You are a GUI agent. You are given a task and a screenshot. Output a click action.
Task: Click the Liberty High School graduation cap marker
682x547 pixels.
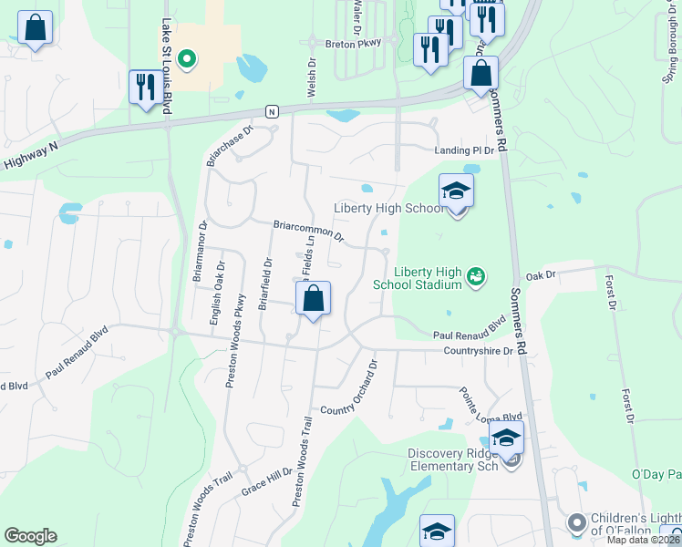[x=456, y=192]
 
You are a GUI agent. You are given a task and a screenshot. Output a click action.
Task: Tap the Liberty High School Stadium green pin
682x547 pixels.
[x=474, y=275]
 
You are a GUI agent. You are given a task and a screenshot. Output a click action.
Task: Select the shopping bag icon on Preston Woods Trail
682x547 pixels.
[x=313, y=299]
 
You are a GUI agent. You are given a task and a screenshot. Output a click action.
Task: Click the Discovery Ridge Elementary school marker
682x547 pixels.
[x=506, y=439]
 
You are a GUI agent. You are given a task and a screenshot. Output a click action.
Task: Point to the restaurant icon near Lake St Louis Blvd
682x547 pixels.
[x=146, y=88]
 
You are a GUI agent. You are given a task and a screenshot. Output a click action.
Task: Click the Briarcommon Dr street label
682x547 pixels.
[x=308, y=231]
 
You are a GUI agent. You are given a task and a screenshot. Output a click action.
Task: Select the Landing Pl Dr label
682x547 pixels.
[x=463, y=150]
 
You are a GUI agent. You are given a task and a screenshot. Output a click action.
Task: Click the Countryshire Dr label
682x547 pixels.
[x=479, y=351]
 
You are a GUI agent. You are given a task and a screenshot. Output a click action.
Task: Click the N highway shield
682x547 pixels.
[x=272, y=111]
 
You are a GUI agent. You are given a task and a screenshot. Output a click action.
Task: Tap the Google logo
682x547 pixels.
[x=30, y=536]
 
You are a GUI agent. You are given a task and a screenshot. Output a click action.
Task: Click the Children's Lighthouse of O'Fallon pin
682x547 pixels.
[x=576, y=522]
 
